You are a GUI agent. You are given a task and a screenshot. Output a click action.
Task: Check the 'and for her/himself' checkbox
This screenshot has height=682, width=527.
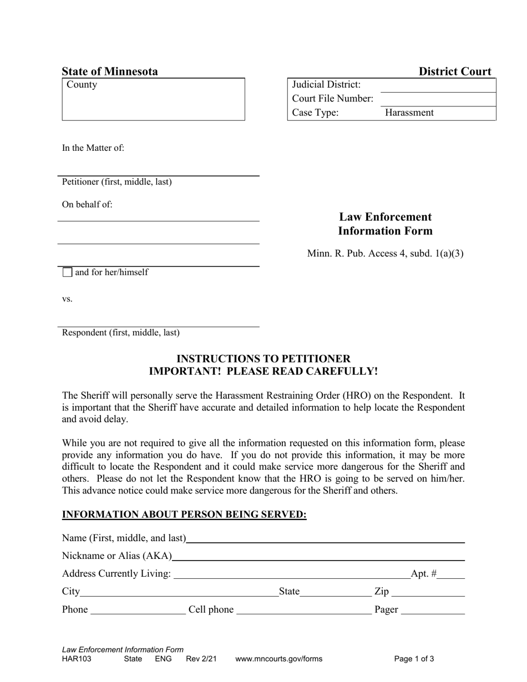tap(67, 272)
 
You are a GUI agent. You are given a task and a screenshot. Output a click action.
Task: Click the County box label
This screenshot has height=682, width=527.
tap(82, 85)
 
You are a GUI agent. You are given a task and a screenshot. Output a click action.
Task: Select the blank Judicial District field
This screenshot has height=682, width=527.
tap(438, 85)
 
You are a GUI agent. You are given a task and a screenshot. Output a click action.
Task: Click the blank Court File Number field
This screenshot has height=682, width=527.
tap(438, 99)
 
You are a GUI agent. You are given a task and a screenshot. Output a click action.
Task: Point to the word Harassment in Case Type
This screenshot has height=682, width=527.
tap(409, 113)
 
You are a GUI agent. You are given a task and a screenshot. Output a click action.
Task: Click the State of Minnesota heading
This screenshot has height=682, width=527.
tap(110, 71)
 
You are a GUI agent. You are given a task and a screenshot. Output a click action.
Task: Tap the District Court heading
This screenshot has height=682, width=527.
tap(454, 71)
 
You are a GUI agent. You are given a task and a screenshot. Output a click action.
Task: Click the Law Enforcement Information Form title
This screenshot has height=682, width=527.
tap(385, 223)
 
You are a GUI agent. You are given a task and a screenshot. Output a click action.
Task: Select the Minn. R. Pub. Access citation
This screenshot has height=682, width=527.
tap(385, 254)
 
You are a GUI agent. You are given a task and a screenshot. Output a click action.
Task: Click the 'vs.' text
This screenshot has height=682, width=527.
tap(67, 299)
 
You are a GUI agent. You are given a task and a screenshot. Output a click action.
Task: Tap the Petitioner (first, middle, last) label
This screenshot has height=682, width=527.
tap(116, 182)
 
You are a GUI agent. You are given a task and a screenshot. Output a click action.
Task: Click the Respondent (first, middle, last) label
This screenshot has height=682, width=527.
tap(120, 333)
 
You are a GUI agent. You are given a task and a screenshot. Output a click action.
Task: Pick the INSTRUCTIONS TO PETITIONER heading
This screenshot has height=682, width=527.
tap(263, 359)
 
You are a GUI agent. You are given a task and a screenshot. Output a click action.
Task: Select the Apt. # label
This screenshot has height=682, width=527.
tap(423, 574)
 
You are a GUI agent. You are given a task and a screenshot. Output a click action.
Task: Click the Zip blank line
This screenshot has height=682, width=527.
tap(428, 592)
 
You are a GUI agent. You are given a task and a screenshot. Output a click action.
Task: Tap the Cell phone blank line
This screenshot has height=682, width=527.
tap(303, 610)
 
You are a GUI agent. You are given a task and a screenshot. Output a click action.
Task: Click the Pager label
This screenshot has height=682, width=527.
tap(386, 610)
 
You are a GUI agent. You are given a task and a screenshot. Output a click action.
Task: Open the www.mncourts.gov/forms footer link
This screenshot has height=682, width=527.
tap(278, 659)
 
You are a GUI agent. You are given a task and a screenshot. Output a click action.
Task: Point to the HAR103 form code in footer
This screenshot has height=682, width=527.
tap(77, 659)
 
